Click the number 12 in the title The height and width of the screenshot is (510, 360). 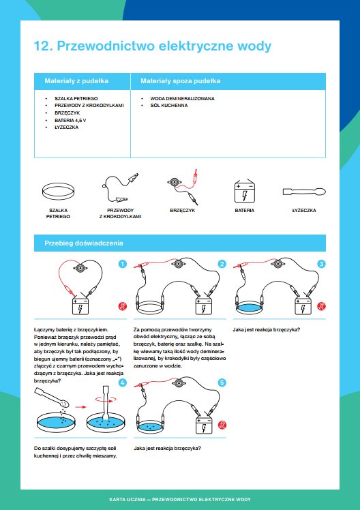[x=42, y=46]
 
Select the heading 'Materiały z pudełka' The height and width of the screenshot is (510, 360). [x=76, y=81]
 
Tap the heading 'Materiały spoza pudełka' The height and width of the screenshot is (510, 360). [x=181, y=81]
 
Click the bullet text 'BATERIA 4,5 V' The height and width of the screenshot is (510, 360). [x=70, y=121]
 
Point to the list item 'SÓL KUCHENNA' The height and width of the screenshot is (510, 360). [x=169, y=106]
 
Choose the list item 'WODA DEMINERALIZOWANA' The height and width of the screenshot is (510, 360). [x=183, y=98]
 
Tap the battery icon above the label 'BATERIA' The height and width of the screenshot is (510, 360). [x=245, y=192]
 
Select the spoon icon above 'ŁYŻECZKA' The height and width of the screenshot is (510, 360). [x=304, y=192]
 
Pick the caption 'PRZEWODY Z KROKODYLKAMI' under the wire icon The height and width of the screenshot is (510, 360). [x=120, y=213]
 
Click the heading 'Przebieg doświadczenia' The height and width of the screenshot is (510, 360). [x=84, y=243]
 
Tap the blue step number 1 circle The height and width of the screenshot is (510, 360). [x=123, y=264]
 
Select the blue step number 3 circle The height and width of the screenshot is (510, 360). [x=322, y=264]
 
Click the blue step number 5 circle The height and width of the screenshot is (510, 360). [x=222, y=382]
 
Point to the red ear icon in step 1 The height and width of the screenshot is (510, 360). [x=123, y=306]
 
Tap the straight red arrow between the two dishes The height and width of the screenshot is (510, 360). [x=81, y=406]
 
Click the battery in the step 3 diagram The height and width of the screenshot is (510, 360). [x=303, y=305]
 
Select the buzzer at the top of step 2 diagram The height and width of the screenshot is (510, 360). [x=179, y=263]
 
